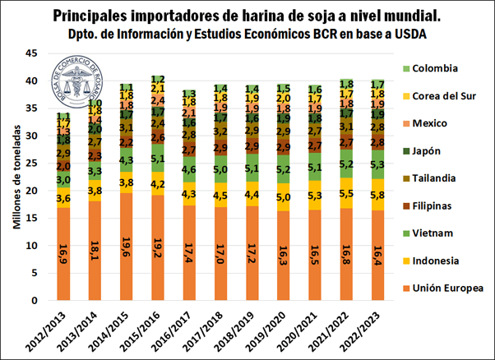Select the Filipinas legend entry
click(x=434, y=205)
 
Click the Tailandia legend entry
click(x=437, y=178)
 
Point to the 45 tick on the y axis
click(x=33, y=53)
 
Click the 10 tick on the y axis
click(x=33, y=246)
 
